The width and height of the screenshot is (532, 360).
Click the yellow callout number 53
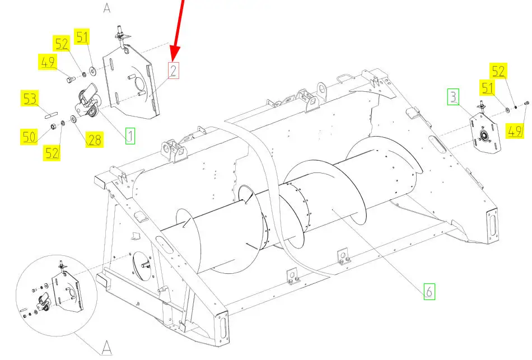[30, 98]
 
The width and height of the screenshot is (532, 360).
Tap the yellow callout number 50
[29, 137]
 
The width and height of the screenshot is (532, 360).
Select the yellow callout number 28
[94, 139]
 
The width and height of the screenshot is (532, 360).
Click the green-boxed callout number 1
[130, 135]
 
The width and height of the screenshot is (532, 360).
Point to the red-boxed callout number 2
[174, 71]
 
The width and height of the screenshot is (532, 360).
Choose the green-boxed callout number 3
[453, 97]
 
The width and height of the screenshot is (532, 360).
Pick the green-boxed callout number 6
[429, 292]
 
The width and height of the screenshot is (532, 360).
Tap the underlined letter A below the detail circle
[107, 348]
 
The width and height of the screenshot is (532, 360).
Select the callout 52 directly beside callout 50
[52, 152]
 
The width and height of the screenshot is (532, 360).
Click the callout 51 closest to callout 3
[488, 88]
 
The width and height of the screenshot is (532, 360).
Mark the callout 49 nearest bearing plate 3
[515, 130]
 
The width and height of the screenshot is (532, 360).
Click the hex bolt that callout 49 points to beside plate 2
[69, 80]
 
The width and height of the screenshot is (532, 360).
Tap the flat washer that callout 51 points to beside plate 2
[92, 71]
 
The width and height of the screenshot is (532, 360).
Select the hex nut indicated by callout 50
[53, 127]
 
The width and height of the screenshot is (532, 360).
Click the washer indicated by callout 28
[73, 119]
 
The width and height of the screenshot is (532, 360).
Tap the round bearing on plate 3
[484, 135]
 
